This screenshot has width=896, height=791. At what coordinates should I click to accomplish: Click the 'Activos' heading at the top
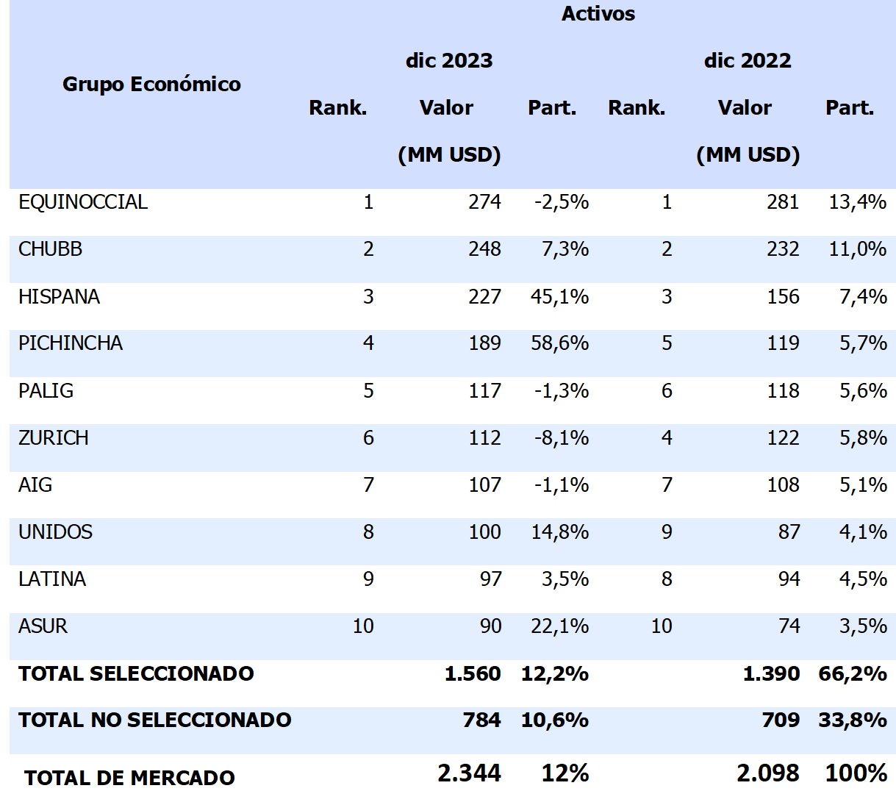pos(598,14)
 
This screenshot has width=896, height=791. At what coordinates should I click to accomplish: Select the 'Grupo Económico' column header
pos(151,85)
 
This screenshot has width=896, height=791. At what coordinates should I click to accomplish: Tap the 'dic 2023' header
pos(448,60)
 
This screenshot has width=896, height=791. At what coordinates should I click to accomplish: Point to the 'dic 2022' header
pos(747,60)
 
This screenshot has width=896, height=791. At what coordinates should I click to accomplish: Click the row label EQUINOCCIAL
pos(83,202)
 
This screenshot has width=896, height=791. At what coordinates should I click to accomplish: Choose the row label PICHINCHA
pos(71,343)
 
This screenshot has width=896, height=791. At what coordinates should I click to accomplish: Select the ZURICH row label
pos(54,437)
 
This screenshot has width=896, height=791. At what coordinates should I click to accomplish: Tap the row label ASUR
pos(43,626)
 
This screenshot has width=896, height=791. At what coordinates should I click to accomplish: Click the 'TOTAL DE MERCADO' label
pos(129,777)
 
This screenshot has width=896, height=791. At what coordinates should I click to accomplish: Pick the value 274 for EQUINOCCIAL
pos(484,202)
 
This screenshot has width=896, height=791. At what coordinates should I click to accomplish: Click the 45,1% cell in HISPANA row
pos(559,296)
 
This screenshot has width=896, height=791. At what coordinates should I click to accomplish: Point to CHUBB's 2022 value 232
pos(783,249)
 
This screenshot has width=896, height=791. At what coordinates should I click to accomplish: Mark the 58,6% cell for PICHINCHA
pos(559,343)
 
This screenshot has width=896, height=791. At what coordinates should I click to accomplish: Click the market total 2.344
pos(469,773)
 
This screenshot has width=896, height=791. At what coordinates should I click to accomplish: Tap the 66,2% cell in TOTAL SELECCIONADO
pos(852,673)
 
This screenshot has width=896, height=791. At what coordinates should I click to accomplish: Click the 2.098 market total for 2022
pos(767,773)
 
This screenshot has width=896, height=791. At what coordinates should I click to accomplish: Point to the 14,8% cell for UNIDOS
pos(559,531)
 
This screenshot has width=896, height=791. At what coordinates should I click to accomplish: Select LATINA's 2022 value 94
pos(789,579)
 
